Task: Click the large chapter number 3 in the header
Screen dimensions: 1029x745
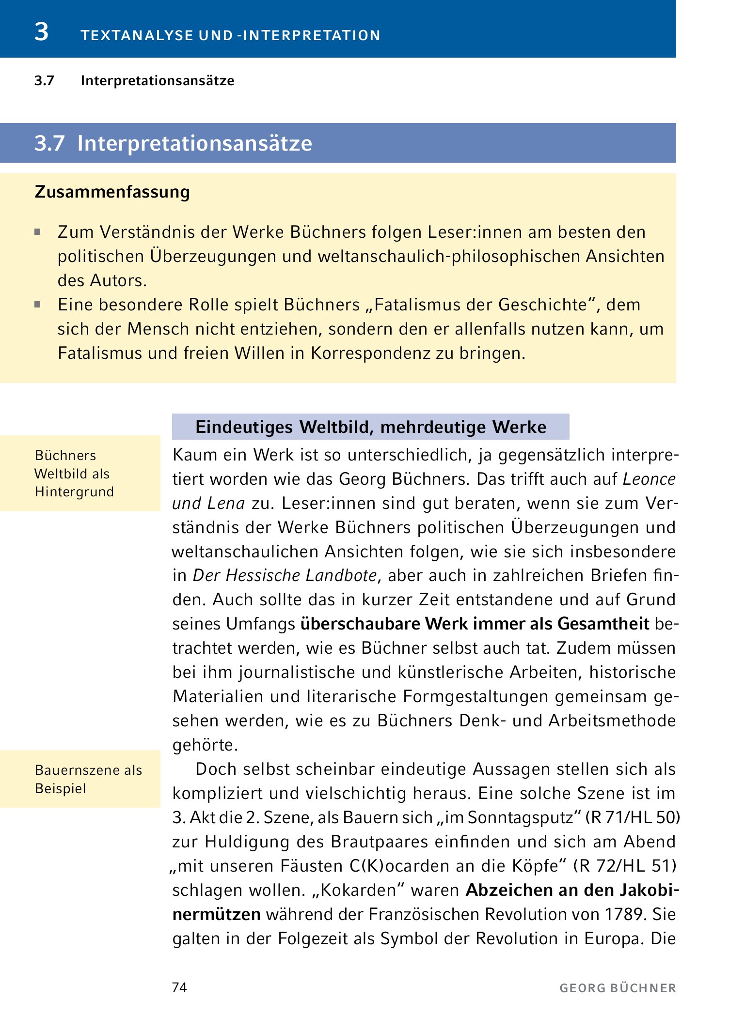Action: tap(42, 32)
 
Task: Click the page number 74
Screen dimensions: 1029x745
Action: tap(179, 987)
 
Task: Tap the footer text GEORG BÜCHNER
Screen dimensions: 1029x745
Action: tap(618, 988)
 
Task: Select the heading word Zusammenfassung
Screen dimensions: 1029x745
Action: tap(112, 192)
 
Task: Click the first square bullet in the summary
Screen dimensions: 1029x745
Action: tap(38, 232)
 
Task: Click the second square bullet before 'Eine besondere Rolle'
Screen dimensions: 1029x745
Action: tap(38, 305)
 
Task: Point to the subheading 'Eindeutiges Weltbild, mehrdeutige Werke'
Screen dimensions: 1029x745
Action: tap(371, 427)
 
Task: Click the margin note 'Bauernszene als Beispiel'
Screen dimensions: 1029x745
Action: tap(88, 779)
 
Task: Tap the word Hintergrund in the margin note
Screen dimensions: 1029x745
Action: tap(75, 492)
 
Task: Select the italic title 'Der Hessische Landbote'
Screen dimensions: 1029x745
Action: tap(285, 575)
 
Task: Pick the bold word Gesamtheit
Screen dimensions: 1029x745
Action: tap(603, 624)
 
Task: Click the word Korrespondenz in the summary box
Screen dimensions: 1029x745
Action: tap(370, 353)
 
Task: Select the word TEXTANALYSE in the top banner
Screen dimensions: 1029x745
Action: tap(137, 36)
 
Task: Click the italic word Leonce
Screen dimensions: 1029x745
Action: tap(649, 479)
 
